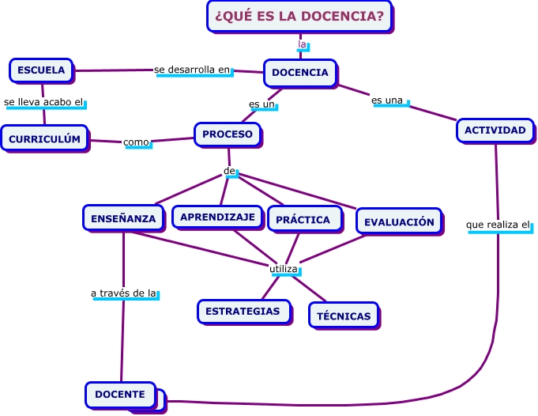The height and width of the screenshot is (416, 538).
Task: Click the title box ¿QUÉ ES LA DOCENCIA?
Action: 300,16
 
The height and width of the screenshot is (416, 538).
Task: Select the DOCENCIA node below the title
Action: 300,73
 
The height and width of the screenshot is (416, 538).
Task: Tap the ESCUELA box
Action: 41,70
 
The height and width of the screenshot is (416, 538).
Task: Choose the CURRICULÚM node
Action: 44,139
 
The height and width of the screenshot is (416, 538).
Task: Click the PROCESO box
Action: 228,134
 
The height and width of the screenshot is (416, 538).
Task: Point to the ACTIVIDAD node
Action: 495,130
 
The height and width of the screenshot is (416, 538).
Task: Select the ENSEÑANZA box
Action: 122,217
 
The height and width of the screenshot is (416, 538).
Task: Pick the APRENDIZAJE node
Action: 217,217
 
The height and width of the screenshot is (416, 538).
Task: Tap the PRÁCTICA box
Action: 303,219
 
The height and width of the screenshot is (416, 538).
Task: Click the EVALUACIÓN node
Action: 399,221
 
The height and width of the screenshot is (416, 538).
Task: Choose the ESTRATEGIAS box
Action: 243,311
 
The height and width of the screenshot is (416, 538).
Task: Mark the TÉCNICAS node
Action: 344,316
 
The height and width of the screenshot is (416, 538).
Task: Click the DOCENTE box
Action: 120,394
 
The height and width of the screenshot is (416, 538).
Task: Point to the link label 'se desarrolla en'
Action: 194,70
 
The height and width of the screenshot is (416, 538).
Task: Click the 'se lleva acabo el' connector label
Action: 44,102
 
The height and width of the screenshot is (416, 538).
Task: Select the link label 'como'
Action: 137,142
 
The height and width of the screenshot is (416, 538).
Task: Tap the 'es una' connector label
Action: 388,100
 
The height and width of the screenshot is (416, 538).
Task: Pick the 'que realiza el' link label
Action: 498,225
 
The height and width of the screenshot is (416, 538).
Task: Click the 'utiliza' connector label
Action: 284,269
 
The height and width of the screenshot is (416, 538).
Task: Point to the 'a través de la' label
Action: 125,293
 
